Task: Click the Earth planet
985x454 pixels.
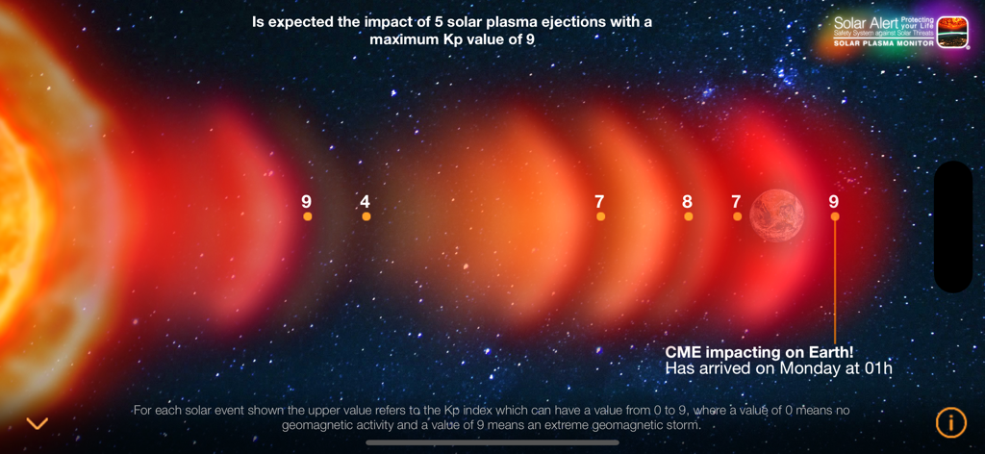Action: [776, 215]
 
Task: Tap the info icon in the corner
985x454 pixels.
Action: [950, 421]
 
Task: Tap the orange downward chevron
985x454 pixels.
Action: [38, 423]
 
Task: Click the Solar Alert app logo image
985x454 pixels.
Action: [952, 31]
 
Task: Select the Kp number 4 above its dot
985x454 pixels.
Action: [366, 202]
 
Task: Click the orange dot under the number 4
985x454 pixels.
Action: [366, 217]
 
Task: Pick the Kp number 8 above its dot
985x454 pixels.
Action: [687, 202]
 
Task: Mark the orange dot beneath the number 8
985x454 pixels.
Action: [688, 217]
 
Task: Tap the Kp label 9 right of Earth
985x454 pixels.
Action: [834, 202]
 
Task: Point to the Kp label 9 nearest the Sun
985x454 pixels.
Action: [307, 202]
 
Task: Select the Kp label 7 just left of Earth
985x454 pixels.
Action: [736, 202]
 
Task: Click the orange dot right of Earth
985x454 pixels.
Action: [835, 217]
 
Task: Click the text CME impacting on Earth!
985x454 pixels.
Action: [759, 353]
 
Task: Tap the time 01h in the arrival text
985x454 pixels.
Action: [878, 368]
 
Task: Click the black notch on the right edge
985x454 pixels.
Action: [953, 227]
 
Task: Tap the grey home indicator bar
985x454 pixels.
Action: [492, 442]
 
